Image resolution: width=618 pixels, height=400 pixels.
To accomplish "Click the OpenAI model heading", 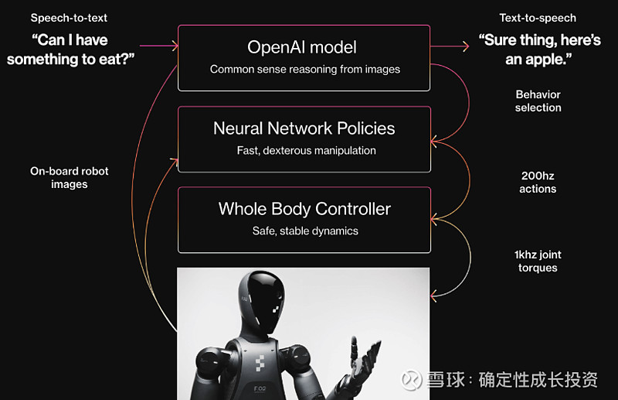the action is click(x=302, y=47).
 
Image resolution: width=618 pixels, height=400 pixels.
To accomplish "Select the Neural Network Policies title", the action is click(x=304, y=128).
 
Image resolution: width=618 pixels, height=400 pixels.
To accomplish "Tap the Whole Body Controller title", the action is click(x=304, y=209).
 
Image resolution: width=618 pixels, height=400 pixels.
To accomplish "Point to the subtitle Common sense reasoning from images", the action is click(x=305, y=70).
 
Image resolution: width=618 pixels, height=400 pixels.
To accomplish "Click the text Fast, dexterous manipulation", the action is click(x=306, y=150).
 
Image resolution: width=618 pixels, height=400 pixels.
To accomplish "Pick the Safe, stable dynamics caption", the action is click(x=305, y=231).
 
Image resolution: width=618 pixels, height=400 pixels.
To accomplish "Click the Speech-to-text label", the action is click(x=69, y=18).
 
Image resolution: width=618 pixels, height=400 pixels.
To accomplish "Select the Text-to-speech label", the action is click(x=538, y=18).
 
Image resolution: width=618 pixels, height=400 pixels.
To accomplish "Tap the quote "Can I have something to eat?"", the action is click(x=71, y=50).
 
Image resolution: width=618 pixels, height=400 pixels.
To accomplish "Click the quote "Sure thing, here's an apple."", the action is click(x=539, y=50).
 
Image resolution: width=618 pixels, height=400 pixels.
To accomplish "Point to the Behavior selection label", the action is click(x=538, y=101).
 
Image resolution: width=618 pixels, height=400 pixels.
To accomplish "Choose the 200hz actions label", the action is click(x=538, y=182).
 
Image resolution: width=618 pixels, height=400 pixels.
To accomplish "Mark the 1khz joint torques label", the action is click(x=538, y=261).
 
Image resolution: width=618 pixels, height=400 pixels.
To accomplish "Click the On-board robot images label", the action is click(x=70, y=178).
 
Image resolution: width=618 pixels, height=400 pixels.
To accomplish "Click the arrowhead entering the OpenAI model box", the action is click(x=174, y=46).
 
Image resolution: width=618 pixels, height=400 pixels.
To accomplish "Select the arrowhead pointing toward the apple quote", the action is click(x=466, y=46).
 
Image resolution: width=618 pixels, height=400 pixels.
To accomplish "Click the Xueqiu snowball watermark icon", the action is click(x=412, y=380).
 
